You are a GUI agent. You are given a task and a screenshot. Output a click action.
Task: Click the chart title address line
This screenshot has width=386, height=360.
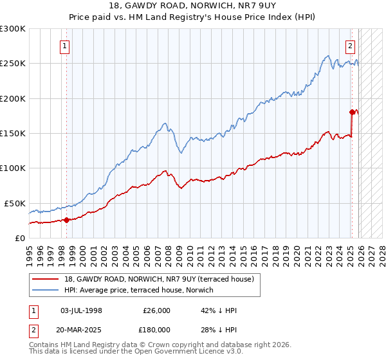(x=193, y=7)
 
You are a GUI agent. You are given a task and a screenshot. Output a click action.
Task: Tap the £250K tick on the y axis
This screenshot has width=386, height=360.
(x=13, y=64)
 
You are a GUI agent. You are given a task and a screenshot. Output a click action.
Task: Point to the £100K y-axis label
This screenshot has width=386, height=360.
(x=13, y=168)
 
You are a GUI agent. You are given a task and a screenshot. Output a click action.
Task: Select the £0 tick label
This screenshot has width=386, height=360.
(x=19, y=238)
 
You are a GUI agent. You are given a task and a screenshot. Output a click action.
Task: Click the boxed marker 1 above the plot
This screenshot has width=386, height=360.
(x=66, y=46)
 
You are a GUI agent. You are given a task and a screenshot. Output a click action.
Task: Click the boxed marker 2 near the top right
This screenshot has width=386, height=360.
(x=351, y=46)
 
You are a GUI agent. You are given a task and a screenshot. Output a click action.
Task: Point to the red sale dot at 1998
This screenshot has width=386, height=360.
(x=66, y=220)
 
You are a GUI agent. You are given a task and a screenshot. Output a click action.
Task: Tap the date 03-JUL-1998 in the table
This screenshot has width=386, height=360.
(x=81, y=310)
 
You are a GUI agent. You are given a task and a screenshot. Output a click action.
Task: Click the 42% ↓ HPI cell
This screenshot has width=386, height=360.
(x=219, y=310)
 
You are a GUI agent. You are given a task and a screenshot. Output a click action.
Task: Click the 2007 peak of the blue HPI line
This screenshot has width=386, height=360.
(x=165, y=123)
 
